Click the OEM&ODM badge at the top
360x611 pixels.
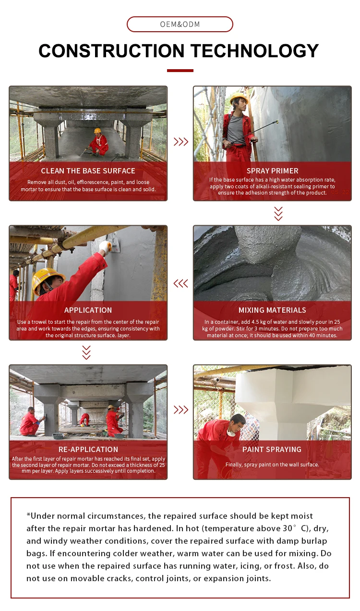(180, 24)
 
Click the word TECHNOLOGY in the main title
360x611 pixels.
(254, 51)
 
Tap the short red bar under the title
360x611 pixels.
(180, 71)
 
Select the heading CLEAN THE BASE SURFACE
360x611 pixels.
(88, 171)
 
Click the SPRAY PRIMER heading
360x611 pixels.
(272, 171)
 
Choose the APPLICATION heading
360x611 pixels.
(88, 310)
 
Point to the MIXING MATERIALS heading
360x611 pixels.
(272, 310)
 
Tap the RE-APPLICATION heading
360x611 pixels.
(88, 450)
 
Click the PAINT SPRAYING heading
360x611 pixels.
(272, 450)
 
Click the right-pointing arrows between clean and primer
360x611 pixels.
(180, 142)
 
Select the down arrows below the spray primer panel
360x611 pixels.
(278, 213)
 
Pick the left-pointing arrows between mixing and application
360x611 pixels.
(180, 283)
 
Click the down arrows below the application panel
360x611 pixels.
(86, 352)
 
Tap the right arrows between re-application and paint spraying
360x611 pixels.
(180, 410)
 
